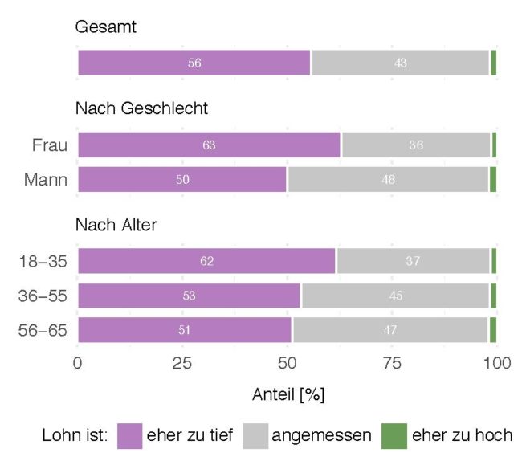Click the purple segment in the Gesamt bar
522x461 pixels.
tap(194, 63)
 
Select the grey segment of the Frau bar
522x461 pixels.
tap(416, 145)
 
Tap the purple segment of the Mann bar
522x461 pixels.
tap(182, 180)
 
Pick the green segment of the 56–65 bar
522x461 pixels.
tap(493, 329)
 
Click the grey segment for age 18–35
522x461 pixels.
tap(414, 261)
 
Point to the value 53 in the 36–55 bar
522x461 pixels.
tap(188, 296)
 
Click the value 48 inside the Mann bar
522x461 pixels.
tap(389, 180)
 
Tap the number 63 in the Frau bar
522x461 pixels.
tap(209, 145)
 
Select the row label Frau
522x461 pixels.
tap(49, 145)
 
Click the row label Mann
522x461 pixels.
tap(47, 180)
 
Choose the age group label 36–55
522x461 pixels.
tap(43, 296)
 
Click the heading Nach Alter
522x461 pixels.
tap(116, 225)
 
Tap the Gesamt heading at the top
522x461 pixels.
tap(106, 27)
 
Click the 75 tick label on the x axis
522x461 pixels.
tap(394, 363)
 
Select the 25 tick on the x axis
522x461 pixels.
tap(182, 363)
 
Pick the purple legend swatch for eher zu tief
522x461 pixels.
tap(129, 435)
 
